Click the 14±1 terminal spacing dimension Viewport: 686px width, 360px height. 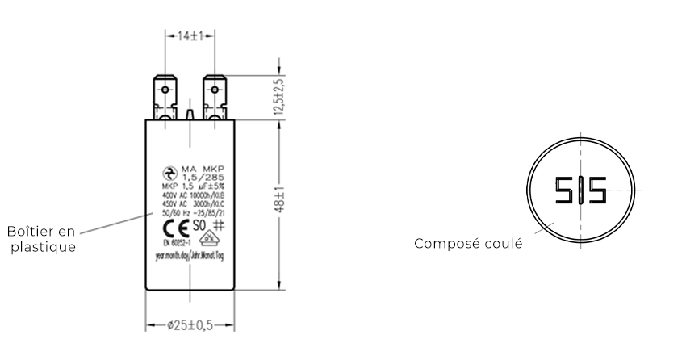(x=188, y=37)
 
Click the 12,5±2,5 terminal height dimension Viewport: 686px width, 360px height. (x=280, y=98)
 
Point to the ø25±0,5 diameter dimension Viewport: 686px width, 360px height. (x=190, y=327)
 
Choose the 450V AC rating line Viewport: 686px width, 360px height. (x=190, y=203)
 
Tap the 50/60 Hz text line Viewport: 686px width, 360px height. (x=190, y=211)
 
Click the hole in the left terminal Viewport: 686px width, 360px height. (x=165, y=88)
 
